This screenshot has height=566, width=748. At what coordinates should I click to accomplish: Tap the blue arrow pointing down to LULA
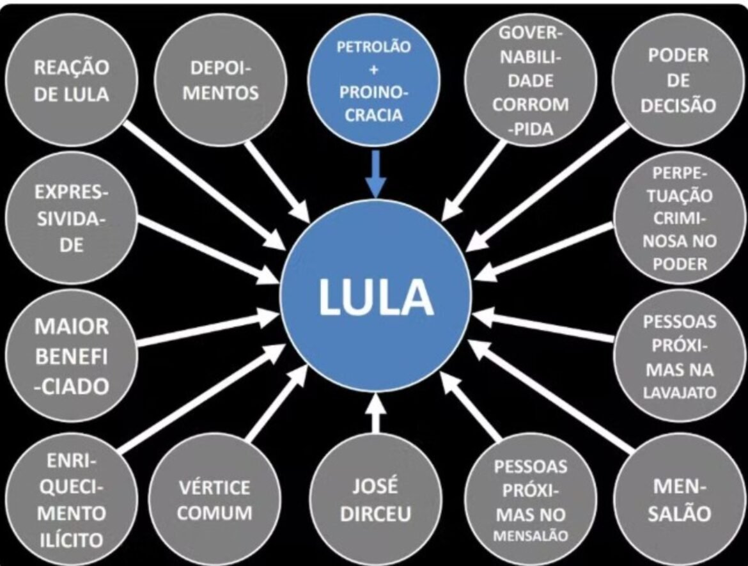376,174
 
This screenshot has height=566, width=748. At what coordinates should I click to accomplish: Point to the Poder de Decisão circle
678,81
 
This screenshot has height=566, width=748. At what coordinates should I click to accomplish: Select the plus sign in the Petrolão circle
375,68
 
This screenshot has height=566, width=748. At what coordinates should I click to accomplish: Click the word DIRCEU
375,515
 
